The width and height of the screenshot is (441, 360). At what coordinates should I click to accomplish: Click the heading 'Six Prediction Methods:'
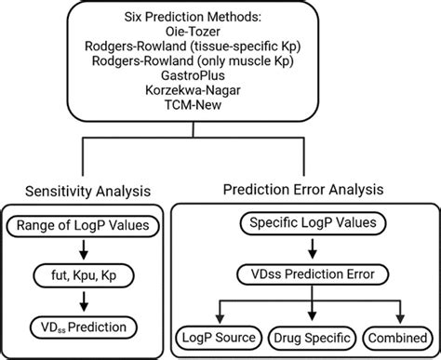coord(220,19)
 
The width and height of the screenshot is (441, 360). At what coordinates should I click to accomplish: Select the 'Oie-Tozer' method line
coord(220,34)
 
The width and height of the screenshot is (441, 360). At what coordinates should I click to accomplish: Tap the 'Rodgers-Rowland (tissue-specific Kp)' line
coord(220,50)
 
